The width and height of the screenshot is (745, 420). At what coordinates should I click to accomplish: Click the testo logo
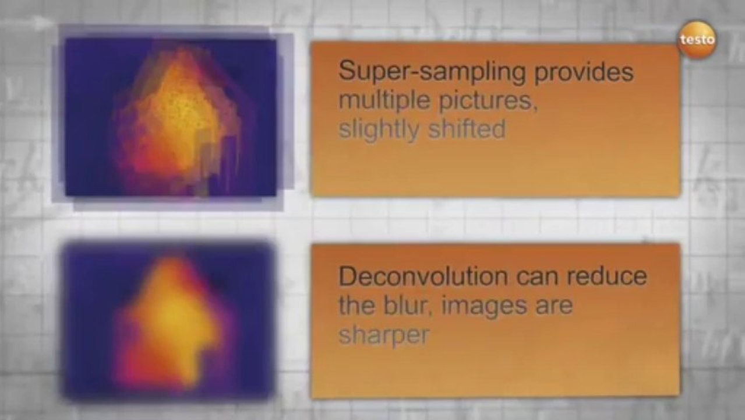point(697,40)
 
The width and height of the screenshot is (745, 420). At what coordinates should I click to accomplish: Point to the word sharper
point(384,335)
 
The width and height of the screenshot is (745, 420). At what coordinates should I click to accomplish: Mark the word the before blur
point(356,305)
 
